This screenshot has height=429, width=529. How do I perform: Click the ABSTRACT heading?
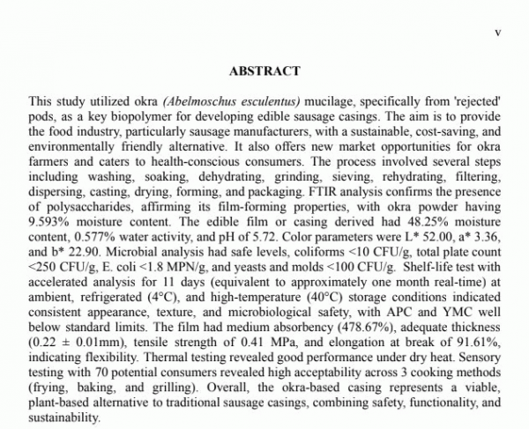[264, 71]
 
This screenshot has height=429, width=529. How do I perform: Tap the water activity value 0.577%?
[87, 221]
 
